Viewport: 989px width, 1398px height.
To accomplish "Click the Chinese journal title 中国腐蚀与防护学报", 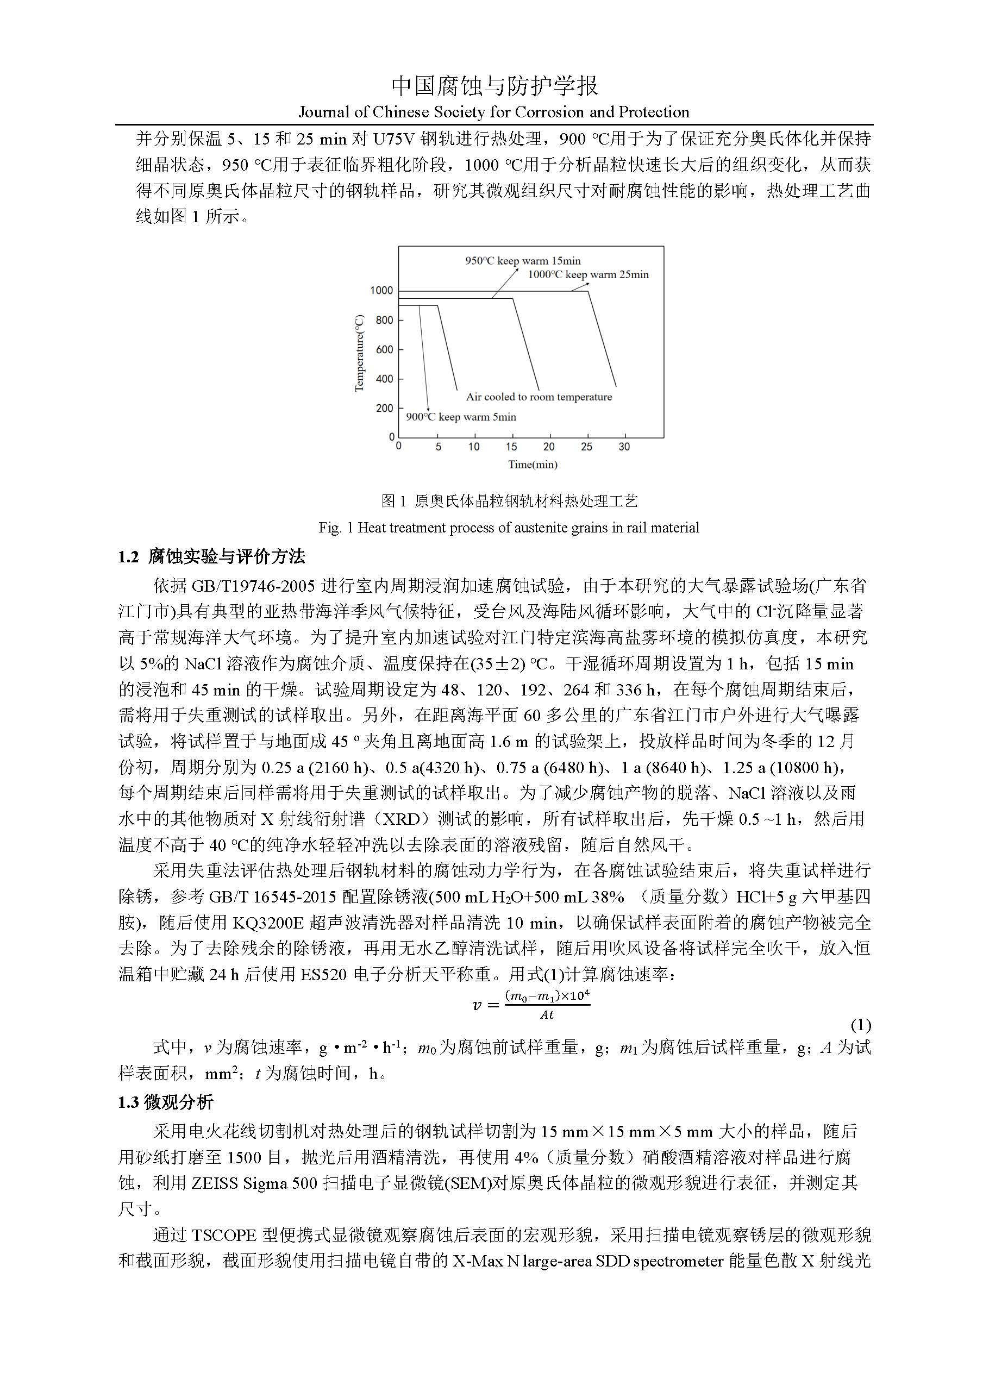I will [494, 86].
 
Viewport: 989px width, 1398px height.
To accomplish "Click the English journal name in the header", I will [494, 112].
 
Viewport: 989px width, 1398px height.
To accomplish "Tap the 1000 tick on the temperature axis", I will [382, 291].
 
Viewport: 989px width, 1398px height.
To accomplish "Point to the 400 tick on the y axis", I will [384, 379].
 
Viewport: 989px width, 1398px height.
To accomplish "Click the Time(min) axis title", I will [533, 465].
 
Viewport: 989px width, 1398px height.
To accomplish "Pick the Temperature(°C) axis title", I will [359, 353].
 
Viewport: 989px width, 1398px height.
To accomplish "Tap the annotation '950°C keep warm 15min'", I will [523, 261].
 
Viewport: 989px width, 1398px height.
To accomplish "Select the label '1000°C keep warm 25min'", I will [587, 274].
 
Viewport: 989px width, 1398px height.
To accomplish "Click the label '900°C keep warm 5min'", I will [461, 417].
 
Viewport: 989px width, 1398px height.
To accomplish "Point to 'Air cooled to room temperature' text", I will [539, 397].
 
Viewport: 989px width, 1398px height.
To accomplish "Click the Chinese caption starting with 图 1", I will [509, 501].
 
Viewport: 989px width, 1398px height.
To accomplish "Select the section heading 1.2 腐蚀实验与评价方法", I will [211, 556].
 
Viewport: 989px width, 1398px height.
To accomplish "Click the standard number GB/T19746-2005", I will [253, 586].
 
